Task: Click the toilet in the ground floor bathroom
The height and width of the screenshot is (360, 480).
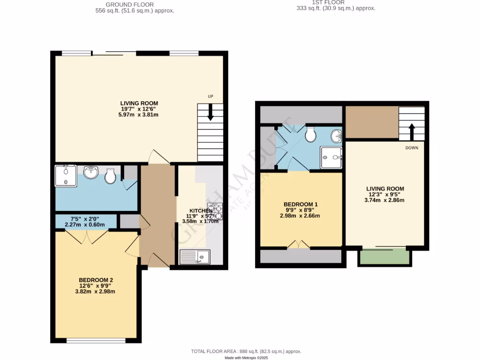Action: tap(111, 176)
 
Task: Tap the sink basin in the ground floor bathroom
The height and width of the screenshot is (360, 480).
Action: tap(90, 173)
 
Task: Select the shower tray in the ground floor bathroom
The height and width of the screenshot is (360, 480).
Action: tap(65, 176)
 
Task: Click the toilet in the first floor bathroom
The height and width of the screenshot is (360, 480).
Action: tap(310, 135)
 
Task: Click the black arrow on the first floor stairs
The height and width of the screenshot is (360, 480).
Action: tap(412, 131)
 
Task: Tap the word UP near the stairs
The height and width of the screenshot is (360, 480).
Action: tap(211, 97)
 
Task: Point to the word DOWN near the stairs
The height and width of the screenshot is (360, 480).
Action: tap(412, 147)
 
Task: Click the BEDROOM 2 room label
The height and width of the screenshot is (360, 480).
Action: tap(96, 280)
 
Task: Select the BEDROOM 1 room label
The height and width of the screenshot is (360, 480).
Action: tap(300, 204)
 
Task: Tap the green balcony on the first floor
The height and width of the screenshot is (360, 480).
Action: tap(384, 257)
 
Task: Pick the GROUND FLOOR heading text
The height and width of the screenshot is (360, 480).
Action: tap(135, 5)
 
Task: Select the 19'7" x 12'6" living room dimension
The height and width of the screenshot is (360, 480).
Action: tap(139, 109)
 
